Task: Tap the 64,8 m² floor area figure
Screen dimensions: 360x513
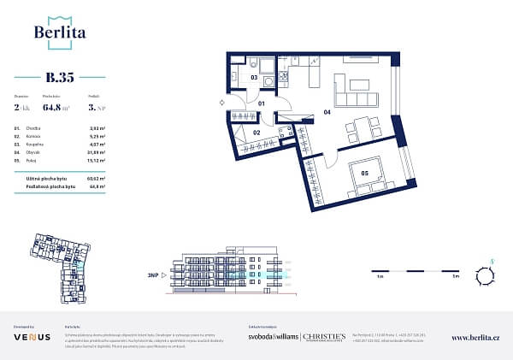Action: coord(56,108)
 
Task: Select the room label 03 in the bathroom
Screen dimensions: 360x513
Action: coord(254,77)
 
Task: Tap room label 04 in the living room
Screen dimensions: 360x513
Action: coord(326,111)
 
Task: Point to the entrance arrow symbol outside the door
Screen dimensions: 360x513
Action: coord(222,103)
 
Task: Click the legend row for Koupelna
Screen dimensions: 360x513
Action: coord(59,145)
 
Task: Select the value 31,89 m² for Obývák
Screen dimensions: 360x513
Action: coord(95,153)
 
